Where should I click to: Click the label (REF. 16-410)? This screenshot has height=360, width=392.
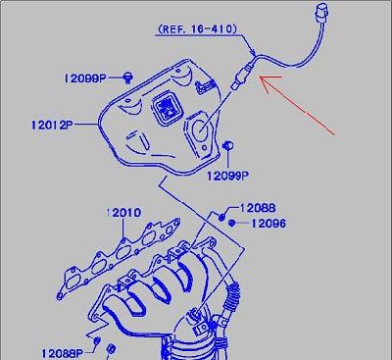pyautogui.click(x=197, y=29)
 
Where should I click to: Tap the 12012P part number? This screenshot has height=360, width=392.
pyautogui.click(x=52, y=125)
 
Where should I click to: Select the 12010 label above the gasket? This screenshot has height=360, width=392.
pyautogui.click(x=123, y=213)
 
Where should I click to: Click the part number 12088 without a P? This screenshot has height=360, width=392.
pyautogui.click(x=258, y=208)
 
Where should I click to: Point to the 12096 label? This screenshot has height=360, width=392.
pyautogui.click(x=269, y=224)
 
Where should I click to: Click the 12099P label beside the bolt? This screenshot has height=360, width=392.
pyautogui.click(x=85, y=78)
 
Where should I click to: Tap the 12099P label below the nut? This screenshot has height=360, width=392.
pyautogui.click(x=227, y=176)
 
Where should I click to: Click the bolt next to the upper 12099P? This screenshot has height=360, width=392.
pyautogui.click(x=127, y=78)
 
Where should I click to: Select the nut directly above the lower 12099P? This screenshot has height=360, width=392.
pyautogui.click(x=227, y=145)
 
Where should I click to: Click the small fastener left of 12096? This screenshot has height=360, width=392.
pyautogui.click(x=231, y=224)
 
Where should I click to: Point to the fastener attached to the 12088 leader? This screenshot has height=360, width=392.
pyautogui.click(x=221, y=217)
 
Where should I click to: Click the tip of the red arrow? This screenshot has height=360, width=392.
pyautogui.click(x=260, y=77)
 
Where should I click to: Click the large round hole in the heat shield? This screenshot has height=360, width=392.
pyautogui.click(x=201, y=129)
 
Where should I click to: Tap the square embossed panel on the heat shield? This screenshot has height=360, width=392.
pyautogui.click(x=167, y=108)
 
